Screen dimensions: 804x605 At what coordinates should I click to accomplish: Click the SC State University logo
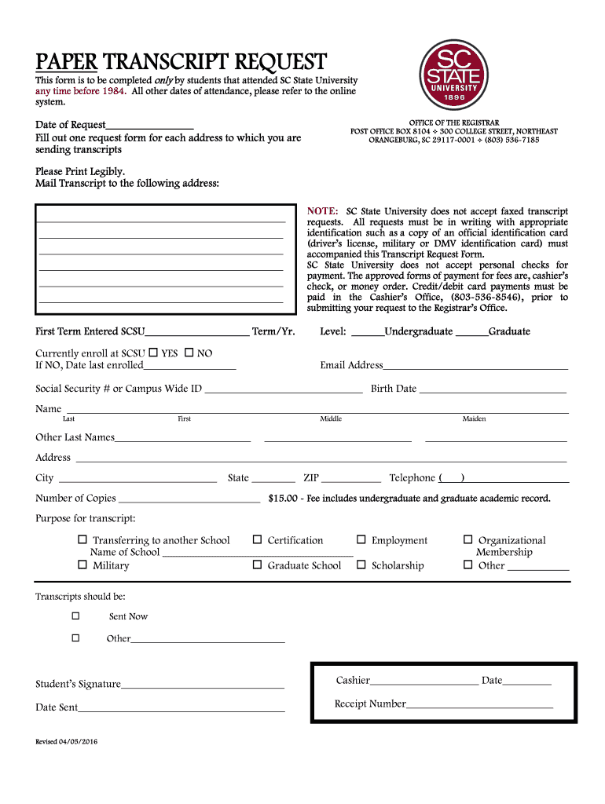[x=453, y=77]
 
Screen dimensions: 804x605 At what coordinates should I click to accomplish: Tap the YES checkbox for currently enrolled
[x=153, y=352]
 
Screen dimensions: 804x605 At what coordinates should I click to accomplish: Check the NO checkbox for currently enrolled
[x=189, y=352]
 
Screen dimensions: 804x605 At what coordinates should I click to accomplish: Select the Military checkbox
[x=82, y=564]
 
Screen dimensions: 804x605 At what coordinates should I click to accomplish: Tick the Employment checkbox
[x=361, y=539]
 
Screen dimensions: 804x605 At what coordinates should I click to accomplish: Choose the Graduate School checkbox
[x=257, y=564]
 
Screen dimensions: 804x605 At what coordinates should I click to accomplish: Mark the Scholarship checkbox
[x=361, y=564]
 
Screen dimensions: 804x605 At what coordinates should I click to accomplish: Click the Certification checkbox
[x=257, y=539]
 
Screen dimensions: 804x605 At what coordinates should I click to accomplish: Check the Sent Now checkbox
[x=75, y=615]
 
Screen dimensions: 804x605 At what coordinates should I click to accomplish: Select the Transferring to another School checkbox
[x=82, y=539]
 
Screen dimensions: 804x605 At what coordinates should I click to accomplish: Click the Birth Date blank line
[x=492, y=390]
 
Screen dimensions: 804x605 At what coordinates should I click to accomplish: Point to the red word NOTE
[x=322, y=212]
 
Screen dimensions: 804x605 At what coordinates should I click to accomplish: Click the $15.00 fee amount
[x=283, y=499]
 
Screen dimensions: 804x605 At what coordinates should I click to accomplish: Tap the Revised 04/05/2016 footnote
[x=67, y=742]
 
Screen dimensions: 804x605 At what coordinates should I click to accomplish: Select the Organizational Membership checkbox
[x=467, y=539]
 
